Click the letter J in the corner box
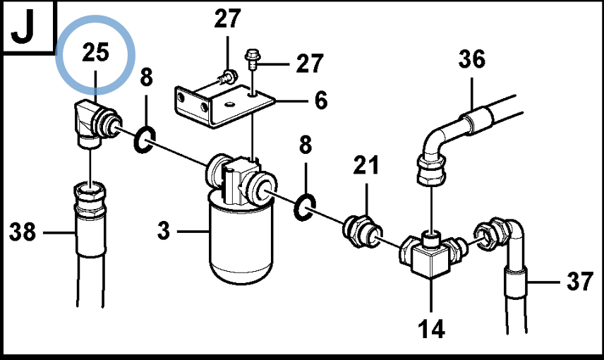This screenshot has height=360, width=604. click(x=23, y=28)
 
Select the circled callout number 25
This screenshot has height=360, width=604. click(x=95, y=52)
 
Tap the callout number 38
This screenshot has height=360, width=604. click(x=23, y=232)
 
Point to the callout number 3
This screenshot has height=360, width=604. click(x=164, y=231)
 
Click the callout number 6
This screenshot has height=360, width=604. click(x=321, y=100)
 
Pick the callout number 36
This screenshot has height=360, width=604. click(x=472, y=59)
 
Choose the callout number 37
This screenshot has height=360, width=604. click(x=580, y=282)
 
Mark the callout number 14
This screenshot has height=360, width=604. click(x=431, y=329)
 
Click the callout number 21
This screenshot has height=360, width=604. click(x=366, y=165)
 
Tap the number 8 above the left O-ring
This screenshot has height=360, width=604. click(x=146, y=77)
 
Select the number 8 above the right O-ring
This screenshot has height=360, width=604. click(x=306, y=145)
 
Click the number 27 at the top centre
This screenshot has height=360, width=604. click(x=227, y=18)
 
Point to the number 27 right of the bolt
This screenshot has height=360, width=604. click(x=309, y=64)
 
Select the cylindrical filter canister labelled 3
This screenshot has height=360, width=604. click(x=241, y=239)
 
